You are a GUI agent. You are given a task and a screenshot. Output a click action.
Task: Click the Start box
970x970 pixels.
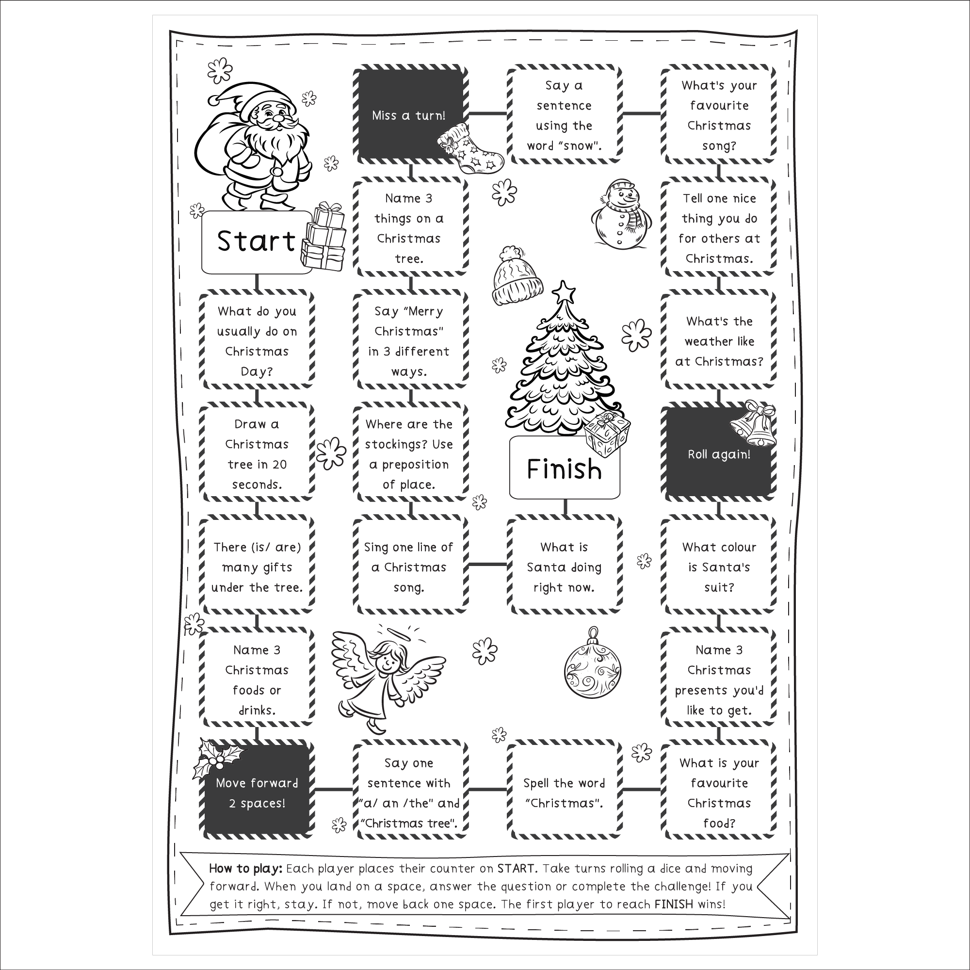256,242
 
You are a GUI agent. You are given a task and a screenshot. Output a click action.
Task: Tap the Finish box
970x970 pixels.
564,469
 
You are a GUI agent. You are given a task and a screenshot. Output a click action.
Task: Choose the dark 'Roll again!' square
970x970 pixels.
718,454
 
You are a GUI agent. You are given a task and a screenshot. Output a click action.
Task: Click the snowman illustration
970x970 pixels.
621,213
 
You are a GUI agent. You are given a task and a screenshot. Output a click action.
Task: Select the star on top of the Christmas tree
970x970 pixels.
565,291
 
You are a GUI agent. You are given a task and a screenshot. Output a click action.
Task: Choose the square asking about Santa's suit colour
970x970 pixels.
718,566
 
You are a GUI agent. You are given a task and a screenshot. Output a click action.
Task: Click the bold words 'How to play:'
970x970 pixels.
245,869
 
